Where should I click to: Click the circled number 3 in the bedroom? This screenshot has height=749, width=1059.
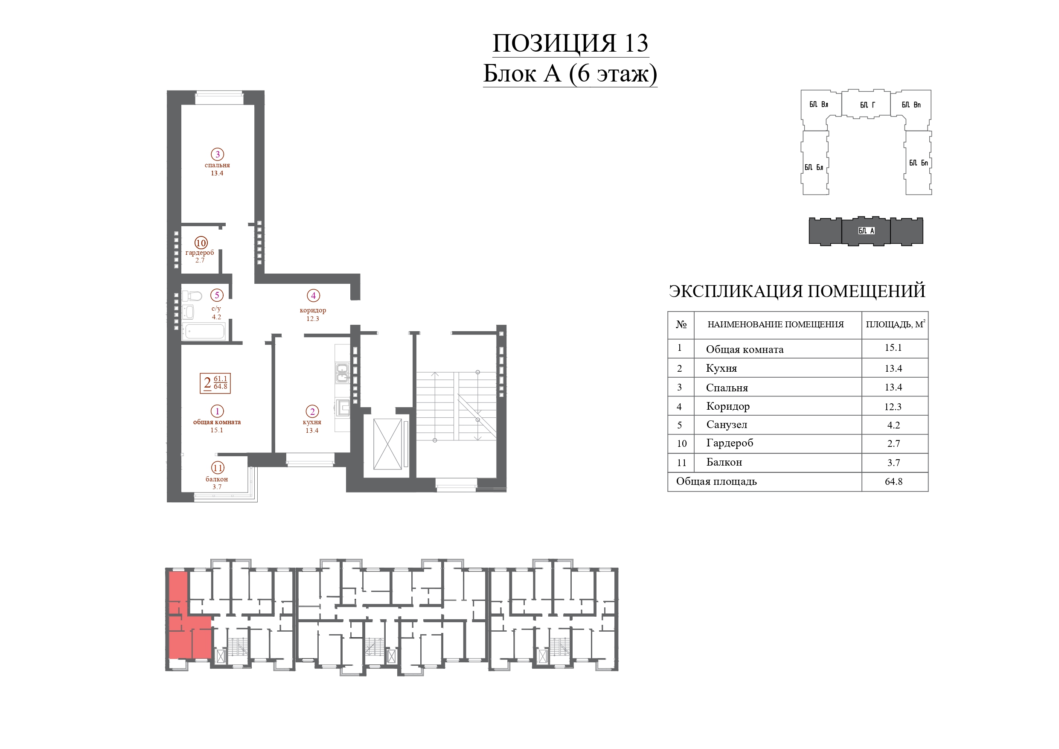click(217, 154)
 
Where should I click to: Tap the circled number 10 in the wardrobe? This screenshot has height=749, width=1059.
click(201, 243)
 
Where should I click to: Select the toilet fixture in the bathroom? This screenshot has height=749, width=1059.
click(192, 296)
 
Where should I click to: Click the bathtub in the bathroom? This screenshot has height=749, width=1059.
click(204, 331)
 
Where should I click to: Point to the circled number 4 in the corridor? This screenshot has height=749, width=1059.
click(313, 295)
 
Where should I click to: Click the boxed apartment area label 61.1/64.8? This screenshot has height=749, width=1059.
click(215, 383)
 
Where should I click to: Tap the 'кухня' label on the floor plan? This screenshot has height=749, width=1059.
click(312, 422)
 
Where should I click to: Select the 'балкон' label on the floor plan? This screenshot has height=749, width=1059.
click(217, 479)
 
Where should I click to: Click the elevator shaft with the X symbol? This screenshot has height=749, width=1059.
click(387, 444)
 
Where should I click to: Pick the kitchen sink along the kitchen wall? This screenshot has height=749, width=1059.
click(342, 373)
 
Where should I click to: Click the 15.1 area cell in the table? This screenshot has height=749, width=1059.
click(893, 347)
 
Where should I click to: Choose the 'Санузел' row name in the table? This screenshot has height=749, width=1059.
click(727, 425)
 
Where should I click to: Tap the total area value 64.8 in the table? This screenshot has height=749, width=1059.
click(893, 481)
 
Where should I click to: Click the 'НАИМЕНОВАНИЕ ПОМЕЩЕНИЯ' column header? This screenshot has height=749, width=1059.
click(775, 324)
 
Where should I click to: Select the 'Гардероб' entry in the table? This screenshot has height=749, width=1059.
click(729, 443)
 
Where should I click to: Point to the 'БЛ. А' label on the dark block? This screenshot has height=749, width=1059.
click(866, 231)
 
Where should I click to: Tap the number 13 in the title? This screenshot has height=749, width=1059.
click(637, 44)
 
